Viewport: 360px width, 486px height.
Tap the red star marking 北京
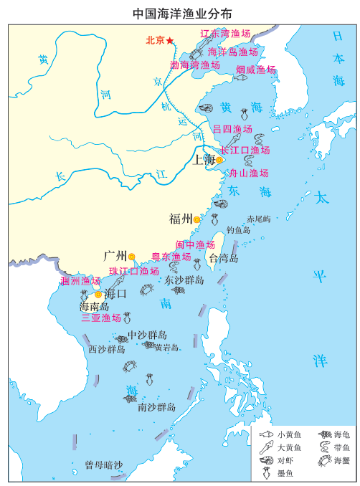170,41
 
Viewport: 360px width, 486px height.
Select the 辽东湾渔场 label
224,33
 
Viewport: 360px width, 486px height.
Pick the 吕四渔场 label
232,129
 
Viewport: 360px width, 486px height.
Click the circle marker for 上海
220,161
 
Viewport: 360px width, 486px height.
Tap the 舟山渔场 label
248,173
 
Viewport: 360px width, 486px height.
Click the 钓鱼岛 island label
238,230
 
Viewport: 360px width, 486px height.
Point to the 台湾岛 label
223,258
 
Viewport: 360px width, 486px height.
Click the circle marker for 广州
132,256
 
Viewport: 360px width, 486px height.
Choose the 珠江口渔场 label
134,272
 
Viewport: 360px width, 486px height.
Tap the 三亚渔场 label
101,318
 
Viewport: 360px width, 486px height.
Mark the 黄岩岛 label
166,348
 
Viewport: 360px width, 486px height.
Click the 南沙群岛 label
156,407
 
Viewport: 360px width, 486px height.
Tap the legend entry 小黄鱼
289,434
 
